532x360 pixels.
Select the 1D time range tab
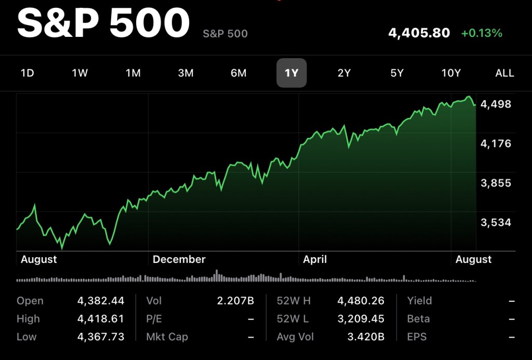click(x=27, y=73)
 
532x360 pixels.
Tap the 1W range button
click(x=80, y=73)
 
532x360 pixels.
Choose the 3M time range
click(x=185, y=73)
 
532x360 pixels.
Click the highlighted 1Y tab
click(x=291, y=73)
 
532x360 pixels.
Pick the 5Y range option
click(x=397, y=73)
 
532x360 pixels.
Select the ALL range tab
click(x=504, y=73)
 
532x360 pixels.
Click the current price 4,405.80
click(x=419, y=33)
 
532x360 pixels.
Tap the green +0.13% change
click(x=482, y=33)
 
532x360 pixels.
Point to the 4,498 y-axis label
click(x=496, y=104)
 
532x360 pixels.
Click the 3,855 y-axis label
click(x=496, y=183)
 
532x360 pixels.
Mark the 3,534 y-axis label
click(x=496, y=223)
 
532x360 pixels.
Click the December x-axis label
click(x=179, y=259)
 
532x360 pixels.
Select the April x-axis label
click(x=315, y=259)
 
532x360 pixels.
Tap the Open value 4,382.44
click(x=101, y=301)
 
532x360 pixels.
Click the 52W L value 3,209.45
click(x=361, y=319)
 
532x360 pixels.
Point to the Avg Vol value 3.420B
click(x=366, y=337)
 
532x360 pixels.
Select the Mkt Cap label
click(x=167, y=337)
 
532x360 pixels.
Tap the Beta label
click(x=418, y=319)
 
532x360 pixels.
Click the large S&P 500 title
click(x=103, y=24)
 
